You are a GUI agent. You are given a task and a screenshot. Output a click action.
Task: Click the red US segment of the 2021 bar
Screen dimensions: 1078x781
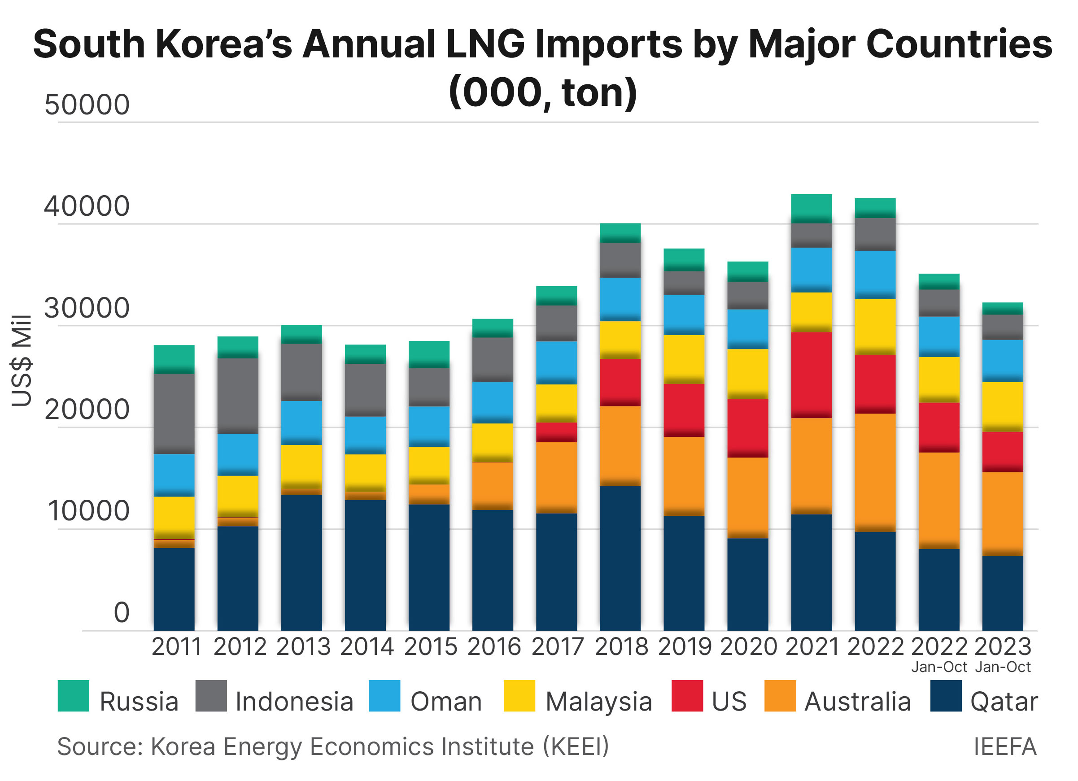811,375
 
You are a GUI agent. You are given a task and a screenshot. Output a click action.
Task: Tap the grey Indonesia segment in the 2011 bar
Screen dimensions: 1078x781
174,413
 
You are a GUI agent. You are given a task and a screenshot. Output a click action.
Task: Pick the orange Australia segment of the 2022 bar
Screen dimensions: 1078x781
875,472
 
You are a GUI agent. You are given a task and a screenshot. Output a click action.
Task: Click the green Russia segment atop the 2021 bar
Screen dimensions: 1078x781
811,208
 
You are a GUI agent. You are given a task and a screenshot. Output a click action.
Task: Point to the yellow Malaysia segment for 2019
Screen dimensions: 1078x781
684,359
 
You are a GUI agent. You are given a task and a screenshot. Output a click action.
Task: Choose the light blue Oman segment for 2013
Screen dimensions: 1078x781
301,423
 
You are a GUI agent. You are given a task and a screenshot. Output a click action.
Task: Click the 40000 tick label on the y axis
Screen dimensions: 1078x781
87,206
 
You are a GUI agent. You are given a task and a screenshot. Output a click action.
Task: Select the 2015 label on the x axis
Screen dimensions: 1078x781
430,646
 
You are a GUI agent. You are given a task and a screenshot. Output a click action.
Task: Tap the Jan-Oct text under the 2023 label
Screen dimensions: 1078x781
1003,667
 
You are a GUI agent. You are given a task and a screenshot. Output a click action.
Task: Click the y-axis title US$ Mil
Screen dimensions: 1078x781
22,360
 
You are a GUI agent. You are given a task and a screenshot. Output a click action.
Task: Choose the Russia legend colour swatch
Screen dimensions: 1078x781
73,695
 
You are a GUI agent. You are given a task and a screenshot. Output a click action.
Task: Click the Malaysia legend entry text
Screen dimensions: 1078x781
598,702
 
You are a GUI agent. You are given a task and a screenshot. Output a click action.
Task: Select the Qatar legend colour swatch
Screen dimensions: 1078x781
945,695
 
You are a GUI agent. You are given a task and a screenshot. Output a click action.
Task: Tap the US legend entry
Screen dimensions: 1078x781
729,702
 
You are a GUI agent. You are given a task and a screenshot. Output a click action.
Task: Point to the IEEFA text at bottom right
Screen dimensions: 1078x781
1005,746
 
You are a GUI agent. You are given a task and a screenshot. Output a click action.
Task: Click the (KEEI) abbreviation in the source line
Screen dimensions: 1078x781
576,746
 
